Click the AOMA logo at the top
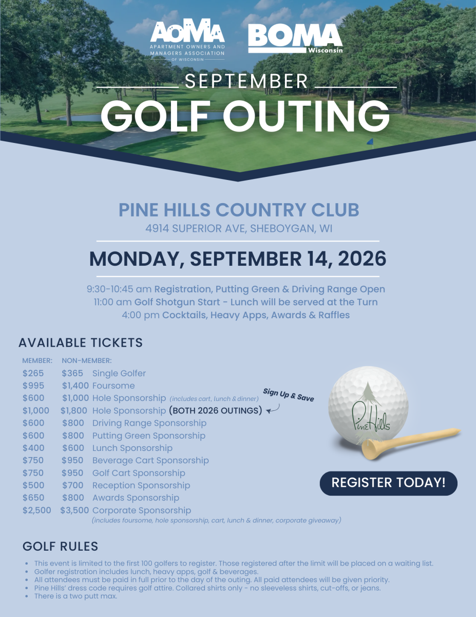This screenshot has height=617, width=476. tap(187, 40)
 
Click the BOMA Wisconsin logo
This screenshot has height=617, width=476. tap(295, 39)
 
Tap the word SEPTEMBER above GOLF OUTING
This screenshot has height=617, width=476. tap(246, 81)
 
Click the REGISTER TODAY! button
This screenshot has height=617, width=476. tap(388, 483)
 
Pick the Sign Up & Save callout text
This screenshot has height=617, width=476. tap(288, 395)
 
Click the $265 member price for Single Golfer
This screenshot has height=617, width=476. tap(33, 373)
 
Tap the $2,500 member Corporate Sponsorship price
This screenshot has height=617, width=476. tap(37, 511)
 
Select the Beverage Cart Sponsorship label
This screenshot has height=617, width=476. tap(150, 460)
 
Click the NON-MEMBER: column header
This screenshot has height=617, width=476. tap(86, 361)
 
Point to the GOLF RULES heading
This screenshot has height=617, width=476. tap(60, 546)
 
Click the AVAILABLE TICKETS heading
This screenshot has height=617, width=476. tap(81, 342)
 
